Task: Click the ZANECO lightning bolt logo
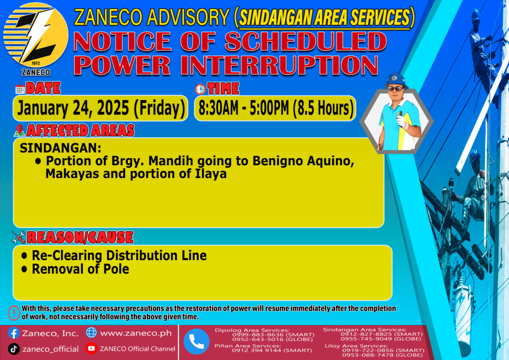[36, 35]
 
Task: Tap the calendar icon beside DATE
[20, 90]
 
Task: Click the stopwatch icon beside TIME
[201, 89]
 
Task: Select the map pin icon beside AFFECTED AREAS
[19, 130]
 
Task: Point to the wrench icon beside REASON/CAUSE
[18, 237]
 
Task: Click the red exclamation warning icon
[14, 313]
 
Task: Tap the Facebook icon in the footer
[13, 333]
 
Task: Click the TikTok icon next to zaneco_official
[13, 349]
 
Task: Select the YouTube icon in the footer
[91, 348]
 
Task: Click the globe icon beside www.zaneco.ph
[91, 333]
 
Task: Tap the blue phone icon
[196, 342]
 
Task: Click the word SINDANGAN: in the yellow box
[61, 148]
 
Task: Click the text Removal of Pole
[81, 269]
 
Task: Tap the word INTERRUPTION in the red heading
[282, 65]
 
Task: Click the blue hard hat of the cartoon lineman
[395, 80]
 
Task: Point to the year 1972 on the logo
[36, 63]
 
